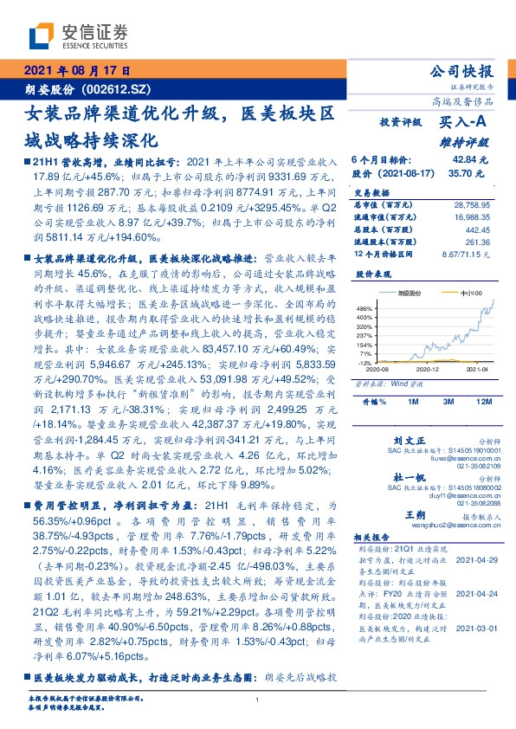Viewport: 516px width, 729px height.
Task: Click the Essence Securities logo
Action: click(78, 35)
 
